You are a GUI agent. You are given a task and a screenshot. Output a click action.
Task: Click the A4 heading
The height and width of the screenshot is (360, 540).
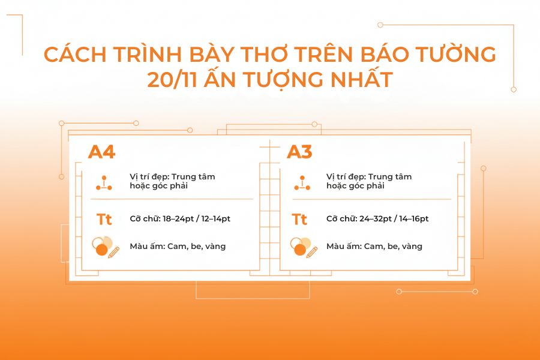click(x=101, y=152)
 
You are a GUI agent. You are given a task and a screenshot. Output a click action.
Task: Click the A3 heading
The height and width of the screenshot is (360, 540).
click(x=299, y=152)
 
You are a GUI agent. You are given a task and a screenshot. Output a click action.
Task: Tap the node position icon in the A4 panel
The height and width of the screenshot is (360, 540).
click(x=104, y=182)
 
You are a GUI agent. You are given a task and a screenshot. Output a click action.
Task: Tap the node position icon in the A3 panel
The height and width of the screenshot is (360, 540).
click(x=302, y=182)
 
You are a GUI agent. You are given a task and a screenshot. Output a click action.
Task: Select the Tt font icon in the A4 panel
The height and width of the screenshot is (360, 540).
click(x=104, y=220)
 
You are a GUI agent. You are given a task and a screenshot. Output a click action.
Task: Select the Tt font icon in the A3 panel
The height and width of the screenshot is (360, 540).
click(x=299, y=220)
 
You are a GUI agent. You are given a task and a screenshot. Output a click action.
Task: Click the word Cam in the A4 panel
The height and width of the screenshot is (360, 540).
click(x=181, y=246)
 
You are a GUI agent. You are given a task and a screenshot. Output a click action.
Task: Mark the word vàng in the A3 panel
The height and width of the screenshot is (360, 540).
click(x=411, y=246)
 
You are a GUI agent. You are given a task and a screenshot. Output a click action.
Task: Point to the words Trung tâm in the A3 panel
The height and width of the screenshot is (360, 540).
click(x=390, y=177)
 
